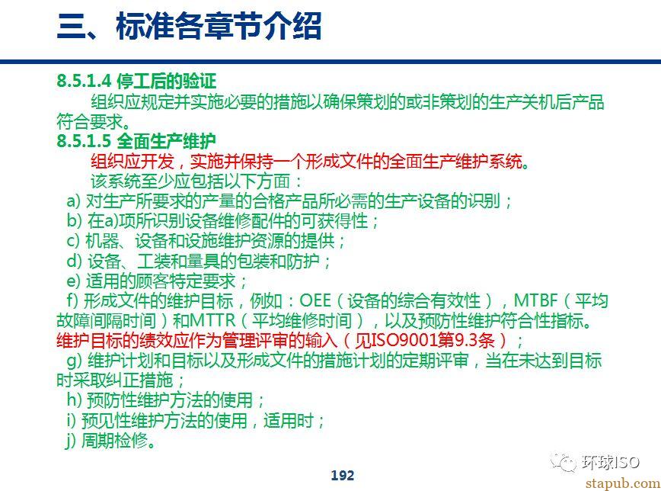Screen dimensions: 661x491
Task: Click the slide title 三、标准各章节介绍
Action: coord(190,26)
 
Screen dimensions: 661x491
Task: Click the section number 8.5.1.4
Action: coord(84,81)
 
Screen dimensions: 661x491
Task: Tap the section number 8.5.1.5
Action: coord(84,140)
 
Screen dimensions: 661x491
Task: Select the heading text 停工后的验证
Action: coord(167,81)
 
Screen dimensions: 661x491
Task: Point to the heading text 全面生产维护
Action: coord(167,140)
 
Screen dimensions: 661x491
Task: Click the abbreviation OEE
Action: coord(315,300)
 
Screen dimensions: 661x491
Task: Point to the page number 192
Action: coord(343,476)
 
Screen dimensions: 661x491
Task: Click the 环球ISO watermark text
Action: coord(611,462)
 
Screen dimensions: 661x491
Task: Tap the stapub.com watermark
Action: coord(623,483)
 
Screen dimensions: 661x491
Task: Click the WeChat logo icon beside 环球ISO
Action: coord(564,463)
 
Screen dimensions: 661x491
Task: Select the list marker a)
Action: coord(73,201)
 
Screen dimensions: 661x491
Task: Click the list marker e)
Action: coord(73,281)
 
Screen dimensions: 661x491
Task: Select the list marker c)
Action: coord(73,241)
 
